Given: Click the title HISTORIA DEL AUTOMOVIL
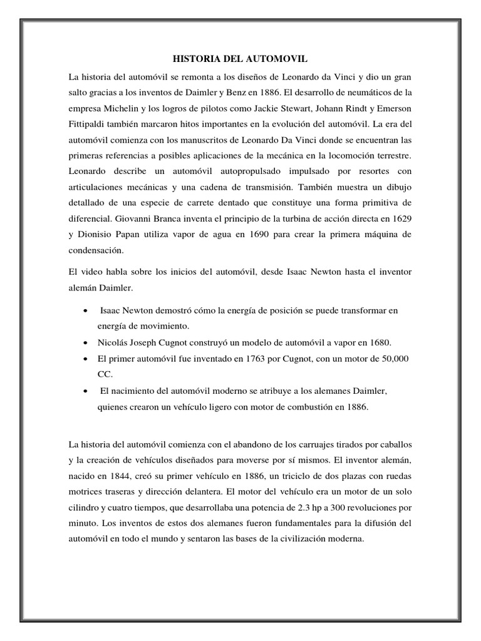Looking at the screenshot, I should (x=240, y=59).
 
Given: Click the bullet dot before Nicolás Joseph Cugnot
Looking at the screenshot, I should (x=85, y=343).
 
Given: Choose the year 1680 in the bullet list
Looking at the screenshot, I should (x=376, y=343).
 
